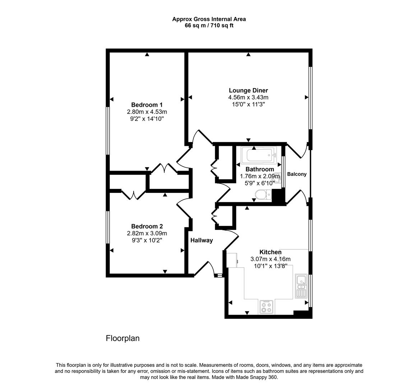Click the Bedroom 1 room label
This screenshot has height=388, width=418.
tap(147, 105)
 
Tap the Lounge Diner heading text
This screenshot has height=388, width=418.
tap(248, 91)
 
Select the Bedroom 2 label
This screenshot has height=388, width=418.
tap(147, 226)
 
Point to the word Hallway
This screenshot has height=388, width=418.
tap(201, 240)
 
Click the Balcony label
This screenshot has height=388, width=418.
tap(297, 174)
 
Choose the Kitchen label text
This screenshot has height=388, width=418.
tap(270, 252)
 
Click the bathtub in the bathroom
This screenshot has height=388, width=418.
tap(258, 155)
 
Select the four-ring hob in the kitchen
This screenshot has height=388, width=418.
tap(266, 306)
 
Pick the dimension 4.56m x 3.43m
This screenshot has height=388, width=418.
tap(248, 97)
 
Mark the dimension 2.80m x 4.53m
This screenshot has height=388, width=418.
tap(147, 112)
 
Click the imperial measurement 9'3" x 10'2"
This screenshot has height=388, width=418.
tap(147, 240)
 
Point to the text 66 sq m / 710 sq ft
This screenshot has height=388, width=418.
tap(209, 26)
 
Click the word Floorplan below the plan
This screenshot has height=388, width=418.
tap(122, 338)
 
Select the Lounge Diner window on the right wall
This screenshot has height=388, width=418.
tap(311, 98)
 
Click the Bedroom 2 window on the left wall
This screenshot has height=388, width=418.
tap(107, 227)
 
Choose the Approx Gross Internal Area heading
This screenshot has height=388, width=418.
tap(209, 19)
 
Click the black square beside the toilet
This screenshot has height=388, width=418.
tap(277, 197)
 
